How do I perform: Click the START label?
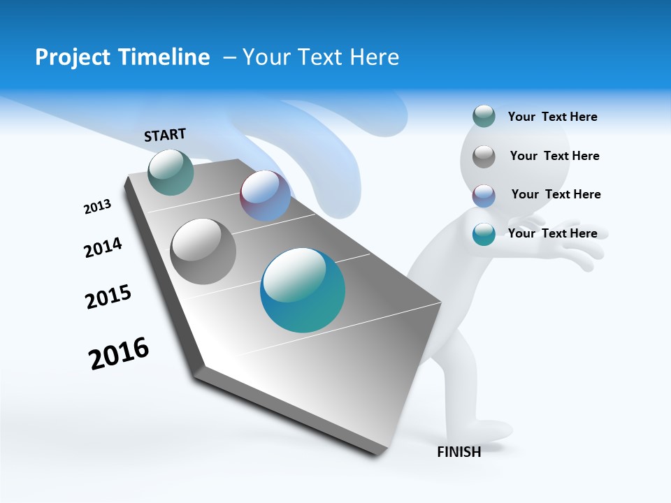point(165,135)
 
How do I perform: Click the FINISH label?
point(459,452)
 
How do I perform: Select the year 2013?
point(98,207)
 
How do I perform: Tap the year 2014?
point(103,247)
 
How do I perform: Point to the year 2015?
point(108,297)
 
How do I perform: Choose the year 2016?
point(119,353)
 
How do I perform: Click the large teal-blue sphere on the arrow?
point(303,290)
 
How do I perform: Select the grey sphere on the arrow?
point(203,251)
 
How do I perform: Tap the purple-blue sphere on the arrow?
point(265,196)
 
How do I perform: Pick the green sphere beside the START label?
point(171,172)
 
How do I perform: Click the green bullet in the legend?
point(484,116)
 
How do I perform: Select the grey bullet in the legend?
point(484,156)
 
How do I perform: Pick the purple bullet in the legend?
point(484,196)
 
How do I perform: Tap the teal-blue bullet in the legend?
point(484,234)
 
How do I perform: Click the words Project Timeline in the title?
point(122,57)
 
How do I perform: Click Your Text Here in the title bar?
point(321,57)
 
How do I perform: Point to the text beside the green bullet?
point(552,117)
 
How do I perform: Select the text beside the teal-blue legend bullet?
point(552,233)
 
